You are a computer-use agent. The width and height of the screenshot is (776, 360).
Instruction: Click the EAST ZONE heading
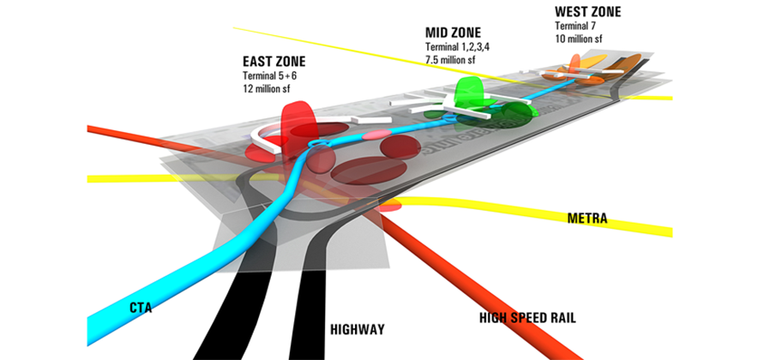274,63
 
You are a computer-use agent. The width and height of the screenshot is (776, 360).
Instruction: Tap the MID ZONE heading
454,33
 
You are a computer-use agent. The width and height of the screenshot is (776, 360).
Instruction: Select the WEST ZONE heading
587,12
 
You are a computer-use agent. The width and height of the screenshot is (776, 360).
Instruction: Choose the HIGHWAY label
357,329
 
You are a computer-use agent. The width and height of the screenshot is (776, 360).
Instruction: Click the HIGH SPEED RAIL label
526,318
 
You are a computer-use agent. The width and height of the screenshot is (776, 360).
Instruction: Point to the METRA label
587,219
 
